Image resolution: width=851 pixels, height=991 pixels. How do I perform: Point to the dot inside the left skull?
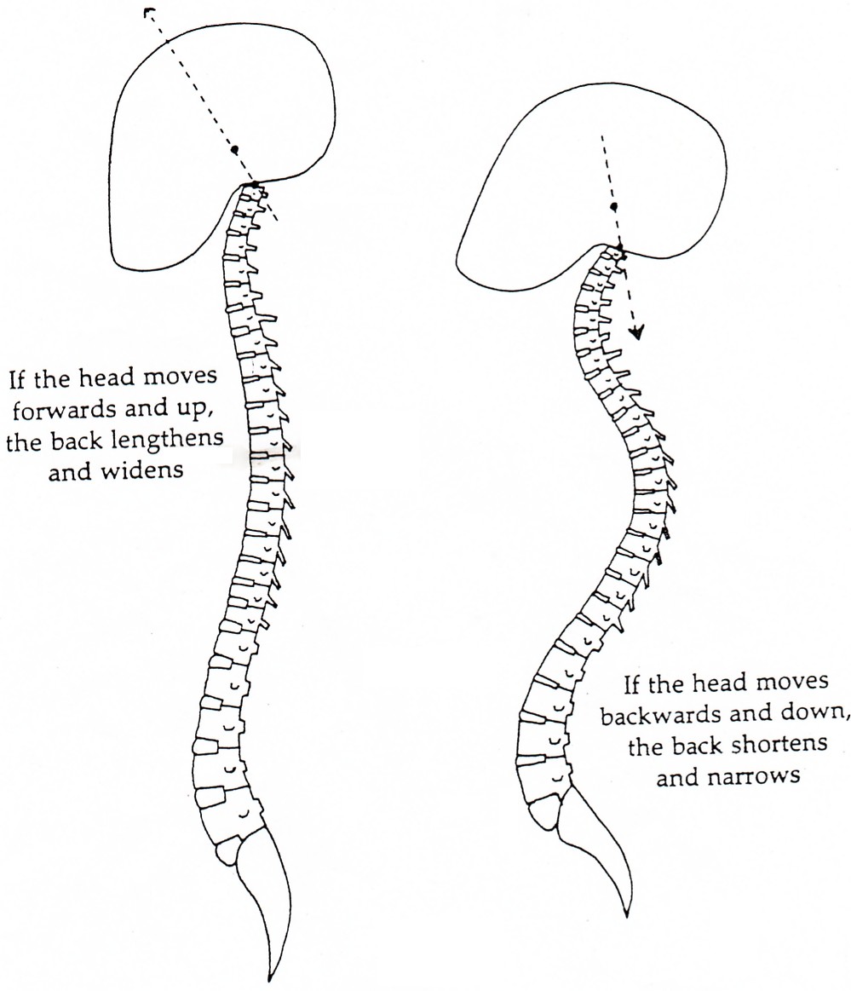[x=235, y=149]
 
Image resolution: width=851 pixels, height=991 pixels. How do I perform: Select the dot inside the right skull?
[x=612, y=207]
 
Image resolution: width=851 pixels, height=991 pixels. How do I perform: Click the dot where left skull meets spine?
[x=253, y=184]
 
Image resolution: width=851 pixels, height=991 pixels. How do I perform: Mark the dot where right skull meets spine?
[x=620, y=248]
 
